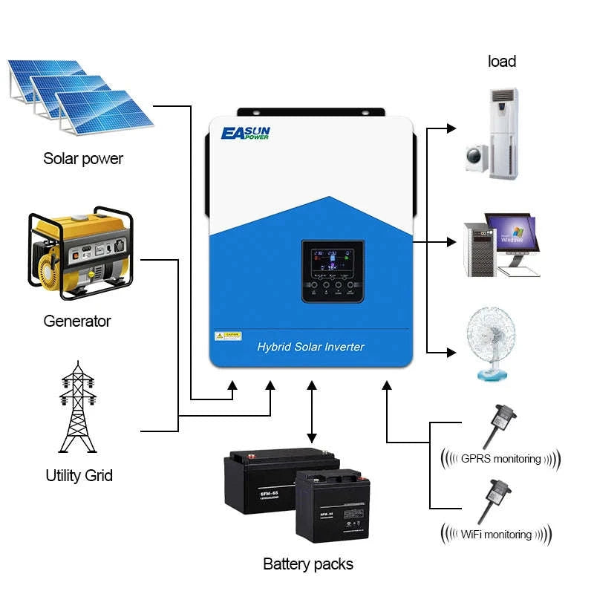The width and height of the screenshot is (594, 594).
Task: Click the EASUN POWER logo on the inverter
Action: click(x=246, y=134)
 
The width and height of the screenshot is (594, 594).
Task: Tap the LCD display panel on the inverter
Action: click(x=332, y=260)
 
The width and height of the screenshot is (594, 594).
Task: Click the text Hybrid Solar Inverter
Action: click(x=310, y=347)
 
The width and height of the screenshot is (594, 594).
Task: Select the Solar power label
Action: click(x=83, y=158)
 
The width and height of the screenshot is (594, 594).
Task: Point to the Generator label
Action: click(x=77, y=321)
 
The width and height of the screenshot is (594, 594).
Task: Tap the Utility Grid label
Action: click(x=79, y=475)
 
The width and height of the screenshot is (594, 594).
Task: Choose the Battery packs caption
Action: click(x=308, y=564)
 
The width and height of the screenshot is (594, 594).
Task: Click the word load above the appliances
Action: click(x=502, y=62)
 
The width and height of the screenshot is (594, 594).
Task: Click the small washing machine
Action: click(x=476, y=158)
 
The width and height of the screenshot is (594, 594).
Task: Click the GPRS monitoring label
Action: click(x=501, y=458)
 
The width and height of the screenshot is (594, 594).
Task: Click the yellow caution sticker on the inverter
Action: click(x=228, y=336)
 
